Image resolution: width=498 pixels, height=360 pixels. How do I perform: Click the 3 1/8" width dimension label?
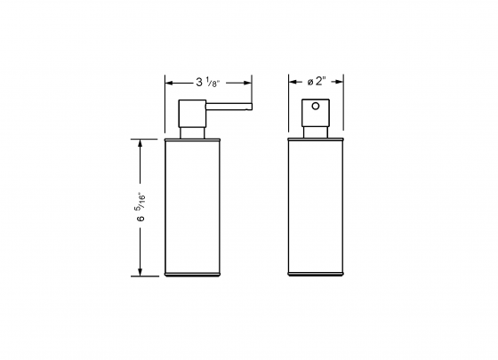tap(208, 83)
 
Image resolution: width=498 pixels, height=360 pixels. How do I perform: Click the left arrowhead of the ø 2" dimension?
tap(292, 84)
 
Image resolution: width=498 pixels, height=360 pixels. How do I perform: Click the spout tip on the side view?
tap(250, 108)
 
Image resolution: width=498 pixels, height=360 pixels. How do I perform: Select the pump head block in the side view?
tap(193, 114)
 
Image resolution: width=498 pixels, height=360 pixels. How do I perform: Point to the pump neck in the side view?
tap(193, 133)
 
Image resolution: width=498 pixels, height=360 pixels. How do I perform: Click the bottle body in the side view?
tap(193, 204)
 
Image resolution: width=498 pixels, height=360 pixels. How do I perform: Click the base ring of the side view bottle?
tap(193, 275)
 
